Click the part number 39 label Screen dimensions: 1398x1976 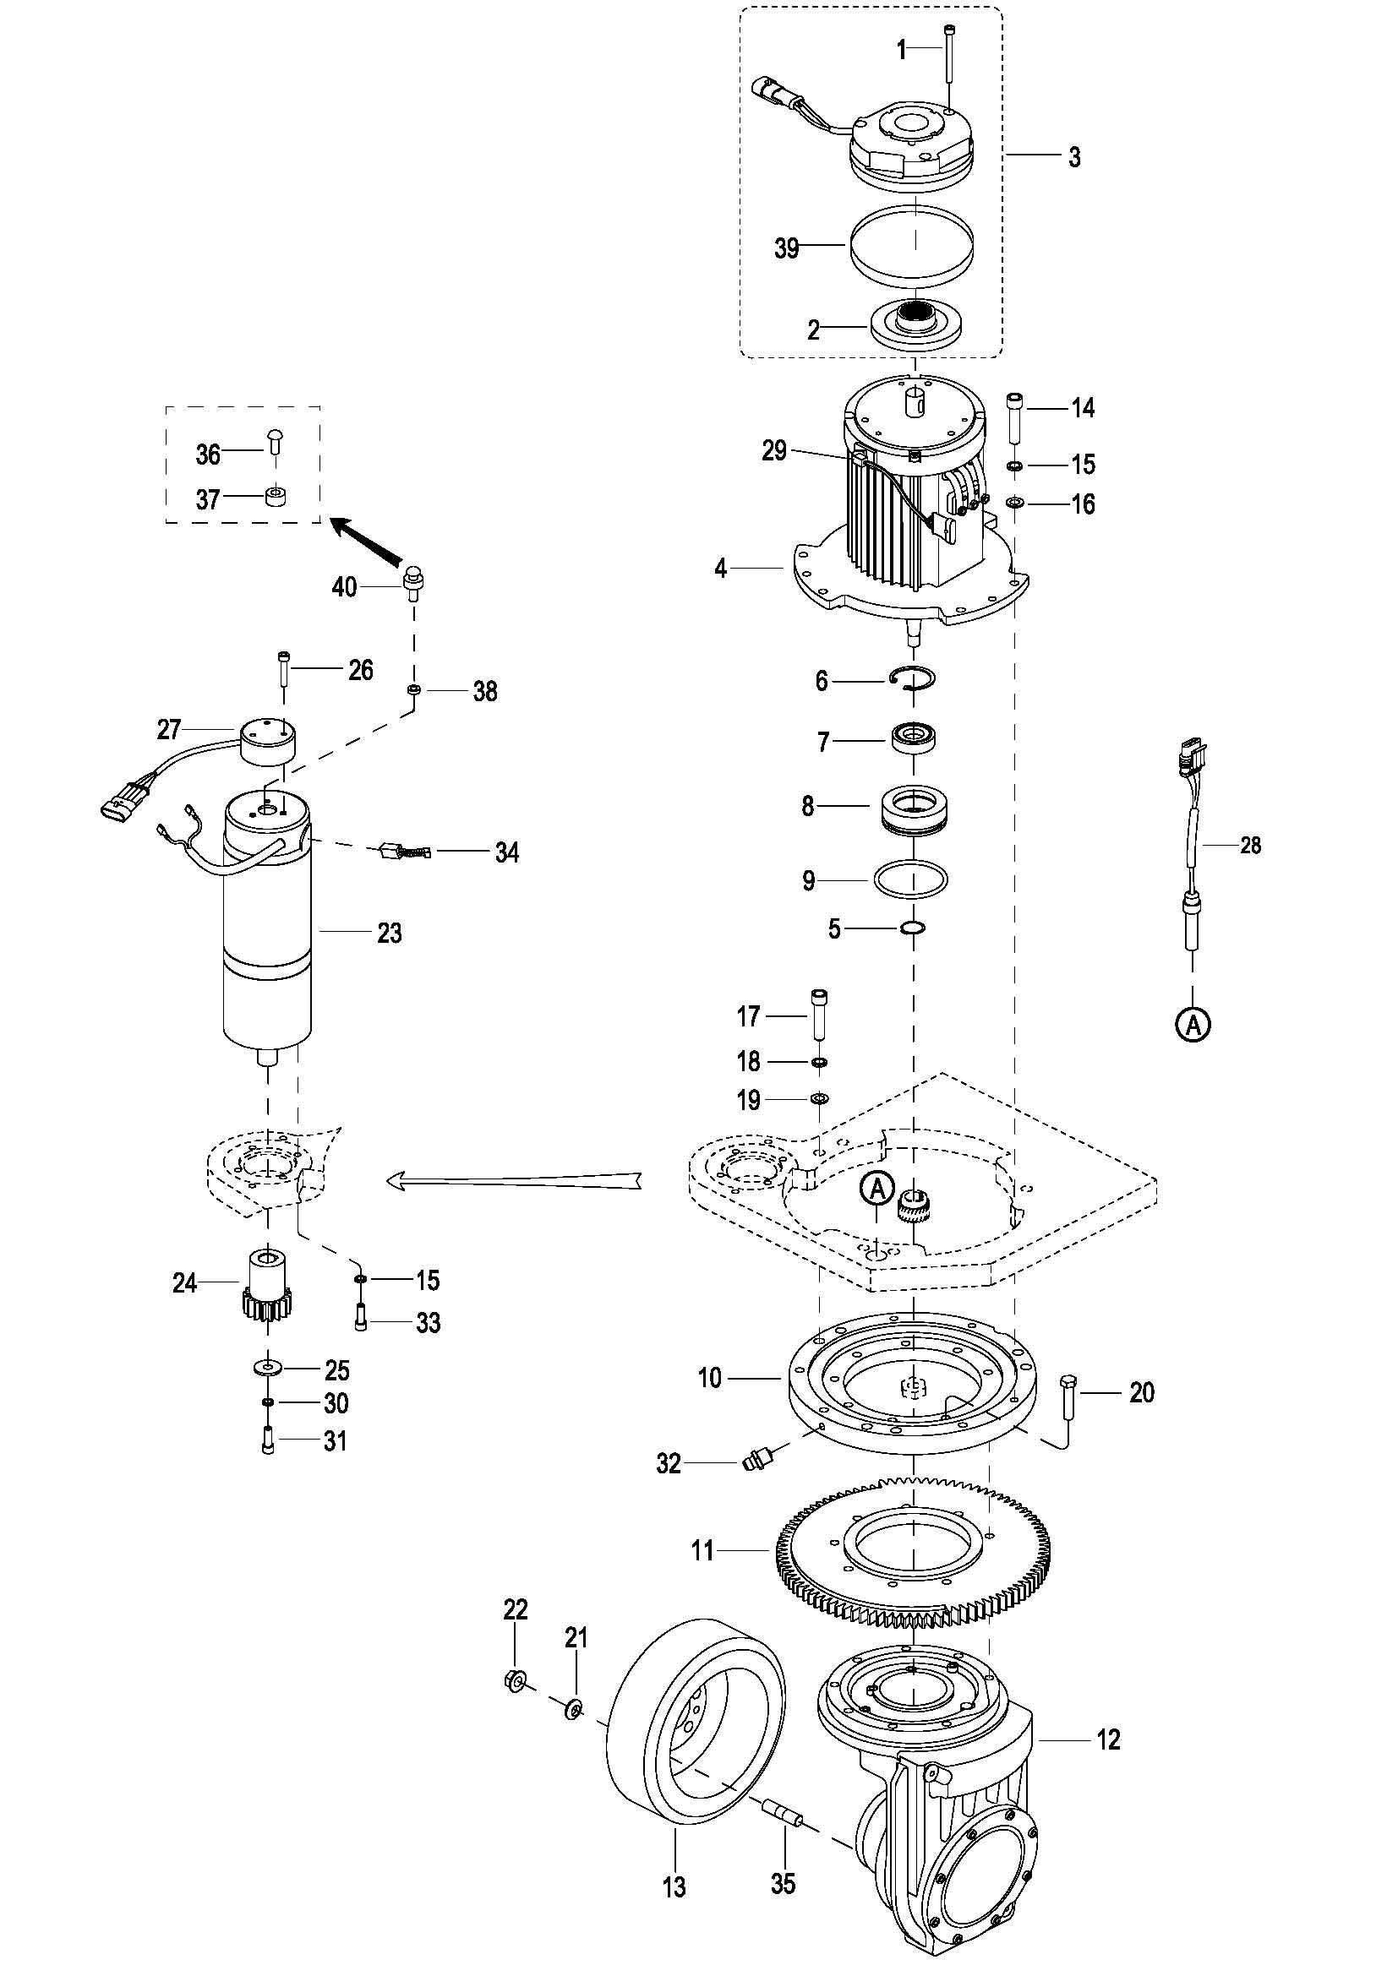(x=787, y=248)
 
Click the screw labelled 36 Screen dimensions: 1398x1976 (x=274, y=441)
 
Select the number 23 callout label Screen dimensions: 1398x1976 (x=390, y=934)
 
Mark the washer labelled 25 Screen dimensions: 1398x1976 (x=270, y=1367)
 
